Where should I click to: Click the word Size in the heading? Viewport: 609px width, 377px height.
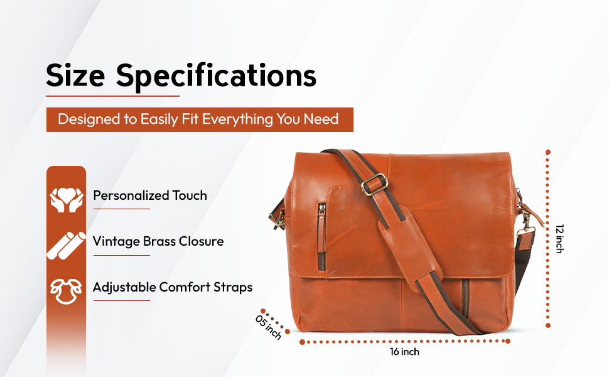(x=75, y=75)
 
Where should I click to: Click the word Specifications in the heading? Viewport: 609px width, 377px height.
(x=217, y=77)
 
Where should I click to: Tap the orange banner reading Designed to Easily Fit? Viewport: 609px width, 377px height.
(x=200, y=119)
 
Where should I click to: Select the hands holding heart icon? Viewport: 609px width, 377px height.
(x=67, y=200)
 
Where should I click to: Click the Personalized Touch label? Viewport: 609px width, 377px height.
(x=150, y=195)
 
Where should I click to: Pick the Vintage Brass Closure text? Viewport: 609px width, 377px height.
(x=158, y=241)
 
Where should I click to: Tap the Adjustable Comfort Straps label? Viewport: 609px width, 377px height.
(x=173, y=287)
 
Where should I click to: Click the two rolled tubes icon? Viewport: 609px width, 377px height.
(x=67, y=246)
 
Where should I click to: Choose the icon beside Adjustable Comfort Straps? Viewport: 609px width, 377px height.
(x=66, y=291)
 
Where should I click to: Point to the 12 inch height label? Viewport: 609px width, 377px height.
(x=559, y=239)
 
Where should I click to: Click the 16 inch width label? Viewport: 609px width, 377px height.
(x=405, y=352)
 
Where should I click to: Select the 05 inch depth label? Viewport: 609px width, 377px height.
(x=268, y=327)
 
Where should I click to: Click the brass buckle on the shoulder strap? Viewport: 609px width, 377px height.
(x=375, y=183)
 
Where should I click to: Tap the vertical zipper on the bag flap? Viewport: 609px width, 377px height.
(x=321, y=236)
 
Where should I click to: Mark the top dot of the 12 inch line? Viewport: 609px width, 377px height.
(x=548, y=152)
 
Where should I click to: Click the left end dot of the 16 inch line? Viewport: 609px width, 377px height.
(x=302, y=342)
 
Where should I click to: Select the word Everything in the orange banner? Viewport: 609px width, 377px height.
(x=237, y=119)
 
